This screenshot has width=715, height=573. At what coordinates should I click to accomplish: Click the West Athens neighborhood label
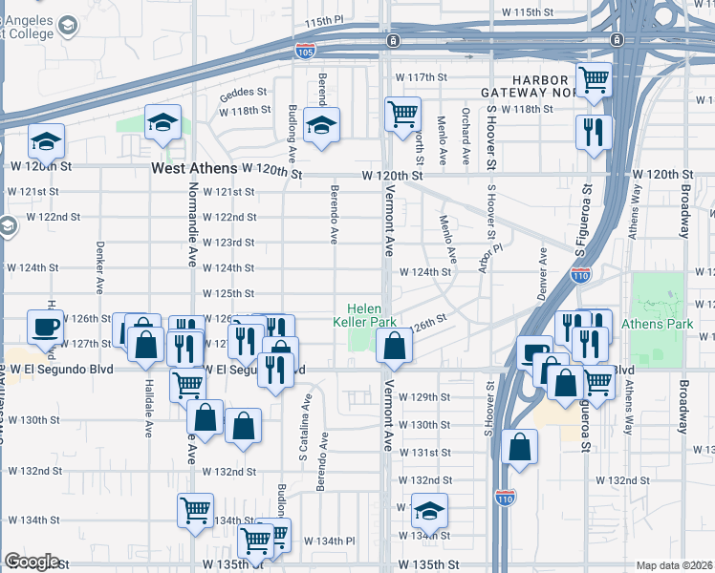pyautogui.click(x=194, y=168)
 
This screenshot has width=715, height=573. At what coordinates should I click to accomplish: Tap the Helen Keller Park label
pyautogui.click(x=371, y=315)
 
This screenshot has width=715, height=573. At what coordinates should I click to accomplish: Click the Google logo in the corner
pyautogui.click(x=32, y=562)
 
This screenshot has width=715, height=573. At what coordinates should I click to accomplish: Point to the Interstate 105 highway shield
pyautogui.click(x=305, y=49)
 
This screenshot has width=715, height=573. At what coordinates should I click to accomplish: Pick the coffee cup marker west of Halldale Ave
pyautogui.click(x=45, y=326)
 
